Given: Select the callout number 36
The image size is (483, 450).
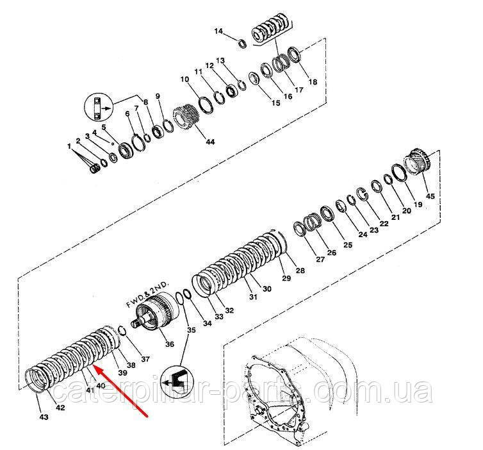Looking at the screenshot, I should pos(170,344).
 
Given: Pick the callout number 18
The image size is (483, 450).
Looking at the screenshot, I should pos(313,82).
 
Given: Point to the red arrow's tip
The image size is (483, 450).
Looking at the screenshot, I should pos(94,367).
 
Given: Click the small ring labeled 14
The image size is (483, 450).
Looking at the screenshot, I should pos(242,43).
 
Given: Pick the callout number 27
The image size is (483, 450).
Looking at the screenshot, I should pos(302,259).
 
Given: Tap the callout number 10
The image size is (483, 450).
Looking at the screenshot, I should pos(184,79).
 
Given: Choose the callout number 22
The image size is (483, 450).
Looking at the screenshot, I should pos(384,223).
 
